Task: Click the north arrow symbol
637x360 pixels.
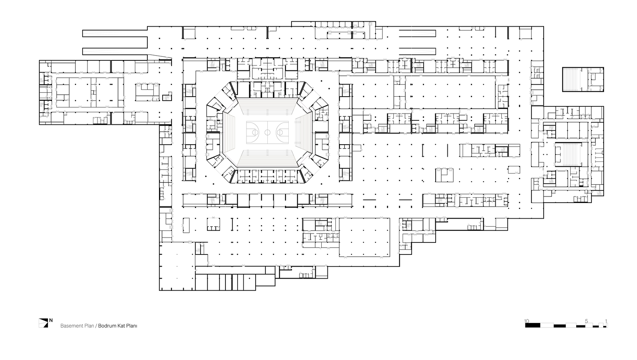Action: pyautogui.click(x=43, y=323)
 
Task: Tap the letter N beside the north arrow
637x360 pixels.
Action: pyautogui.click(x=51, y=321)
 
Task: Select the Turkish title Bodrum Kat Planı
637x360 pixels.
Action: pyautogui.click(x=118, y=326)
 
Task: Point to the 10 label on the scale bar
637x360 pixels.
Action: pyautogui.click(x=527, y=321)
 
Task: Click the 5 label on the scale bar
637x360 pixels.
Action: pyautogui.click(x=586, y=321)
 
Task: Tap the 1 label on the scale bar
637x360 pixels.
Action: pyautogui.click(x=606, y=321)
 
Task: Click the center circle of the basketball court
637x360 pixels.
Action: pyautogui.click(x=267, y=132)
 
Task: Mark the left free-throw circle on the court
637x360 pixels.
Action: pyautogui.click(x=254, y=132)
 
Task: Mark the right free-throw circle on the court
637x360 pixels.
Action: pyautogui.click(x=280, y=132)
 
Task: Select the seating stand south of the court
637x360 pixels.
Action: pyautogui.click(x=267, y=157)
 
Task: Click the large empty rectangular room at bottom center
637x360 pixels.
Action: pyautogui.click(x=364, y=237)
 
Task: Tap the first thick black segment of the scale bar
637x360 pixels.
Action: pyautogui.click(x=532, y=325)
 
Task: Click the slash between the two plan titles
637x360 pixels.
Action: pyautogui.click(x=96, y=326)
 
